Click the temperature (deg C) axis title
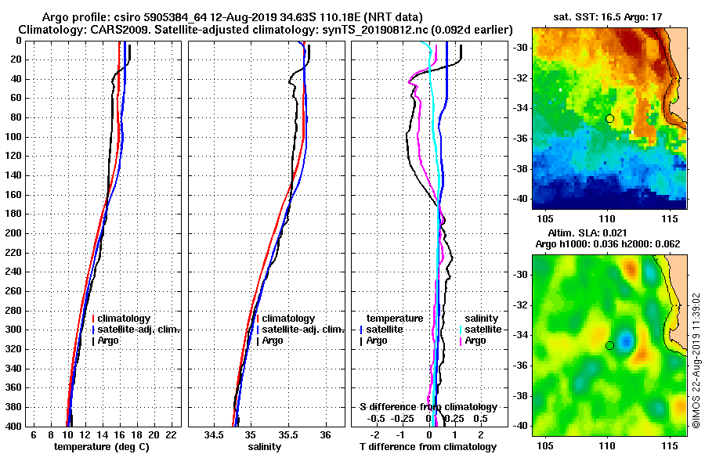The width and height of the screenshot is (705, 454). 101,447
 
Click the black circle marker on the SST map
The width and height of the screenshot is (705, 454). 609,118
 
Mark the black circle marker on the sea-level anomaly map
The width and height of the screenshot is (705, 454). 609,345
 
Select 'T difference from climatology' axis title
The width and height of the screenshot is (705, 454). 428,447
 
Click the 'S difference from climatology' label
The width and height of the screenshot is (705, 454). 428,407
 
